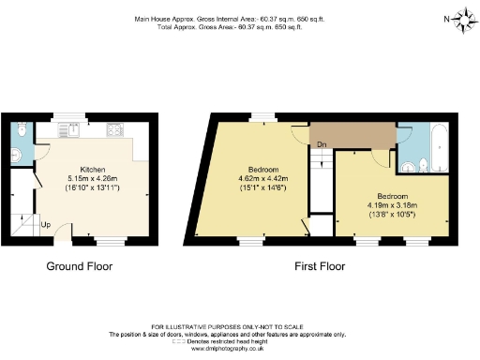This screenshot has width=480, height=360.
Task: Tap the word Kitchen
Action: [x=91, y=170]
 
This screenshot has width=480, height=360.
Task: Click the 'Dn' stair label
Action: [x=321, y=144]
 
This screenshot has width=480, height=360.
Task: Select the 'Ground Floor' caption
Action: [x=80, y=266]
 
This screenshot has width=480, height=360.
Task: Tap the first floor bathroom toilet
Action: [x=420, y=167]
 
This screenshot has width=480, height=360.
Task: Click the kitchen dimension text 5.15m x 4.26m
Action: [x=91, y=178]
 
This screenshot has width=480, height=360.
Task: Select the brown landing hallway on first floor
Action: [x=352, y=137]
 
